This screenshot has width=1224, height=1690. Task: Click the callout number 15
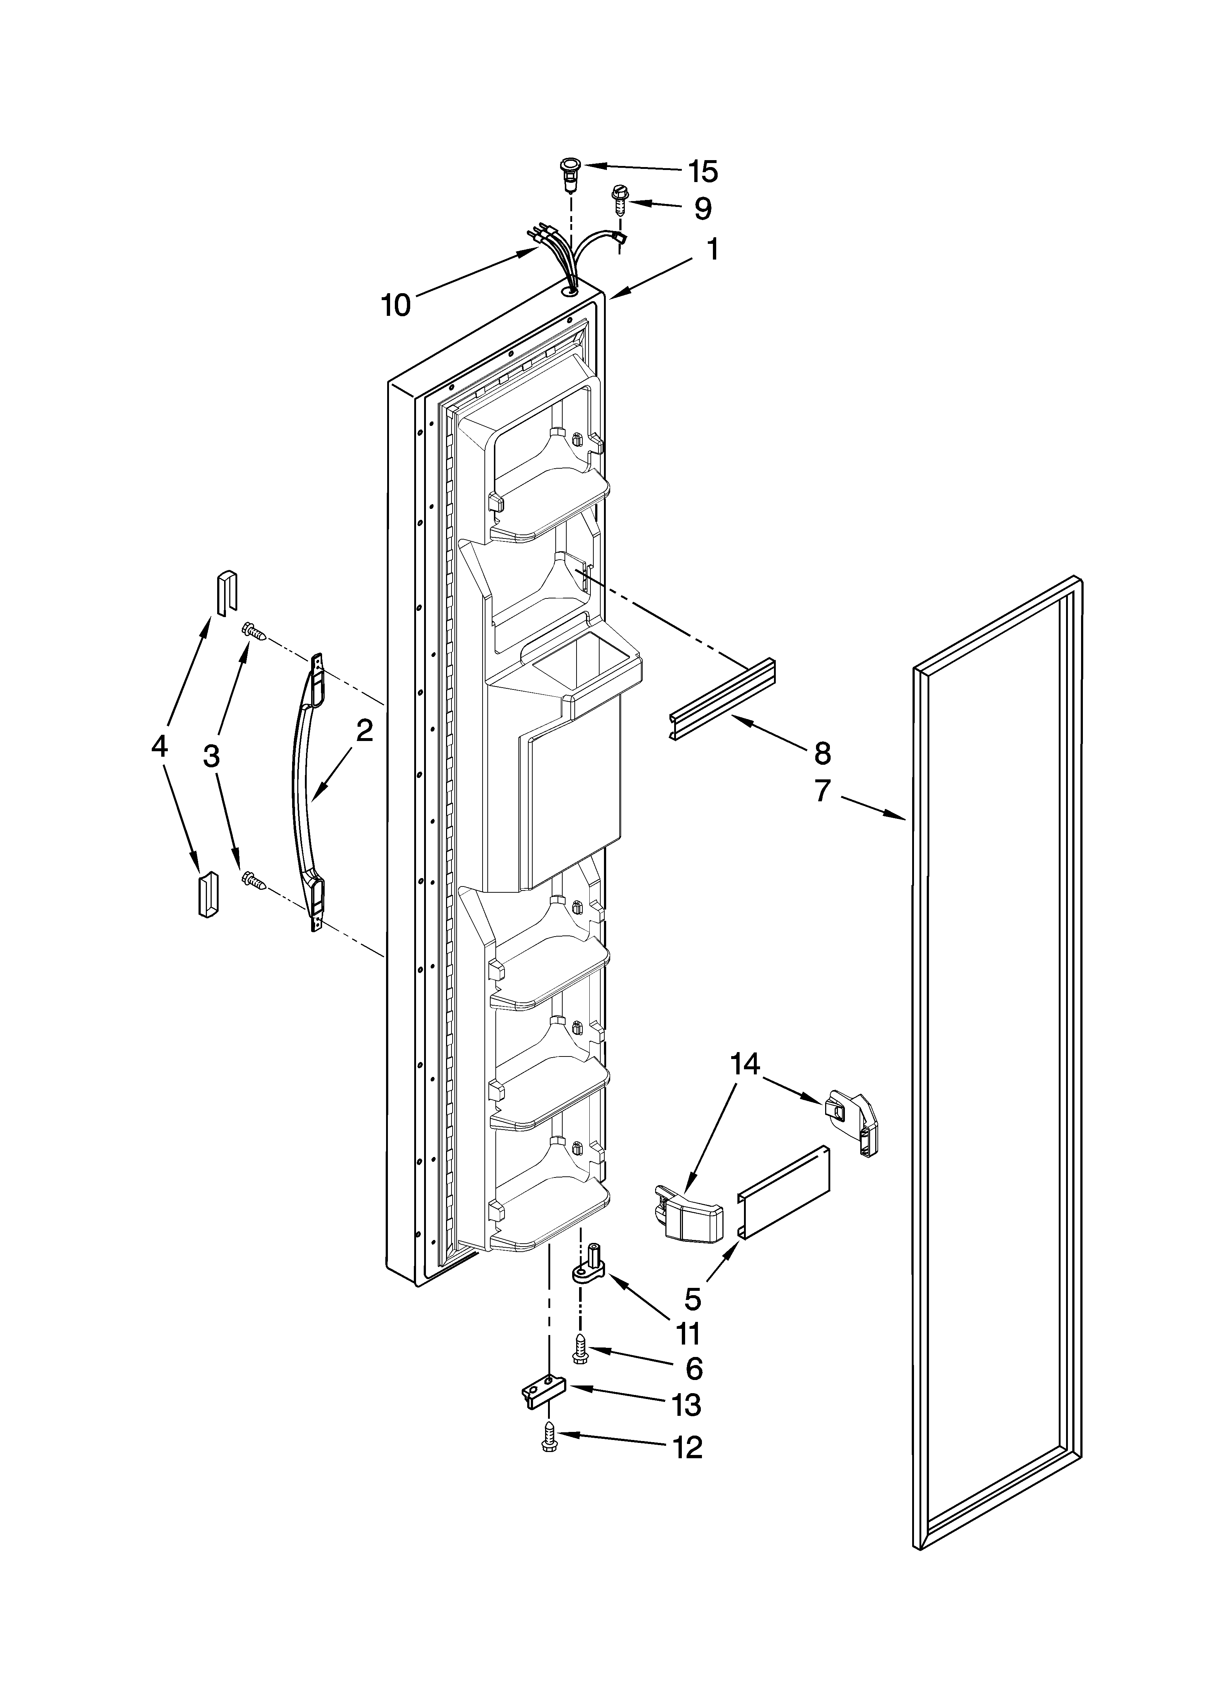(702, 172)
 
